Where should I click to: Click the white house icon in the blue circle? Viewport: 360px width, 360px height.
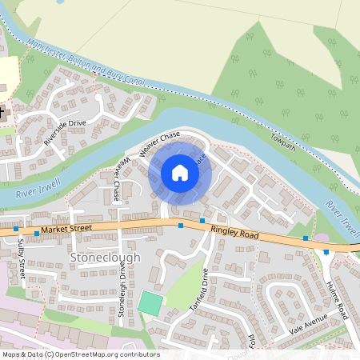tap(180, 172)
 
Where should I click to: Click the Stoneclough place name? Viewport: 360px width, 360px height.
tap(105, 258)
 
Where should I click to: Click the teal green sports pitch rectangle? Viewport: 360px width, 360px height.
tap(149, 303)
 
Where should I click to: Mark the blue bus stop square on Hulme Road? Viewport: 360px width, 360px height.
tap(326, 252)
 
